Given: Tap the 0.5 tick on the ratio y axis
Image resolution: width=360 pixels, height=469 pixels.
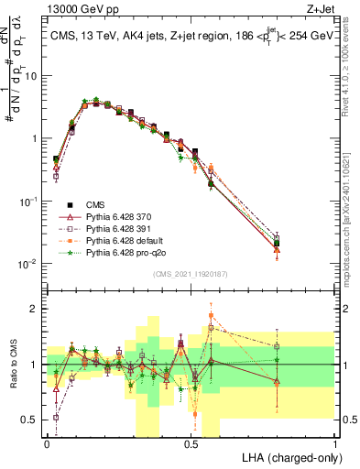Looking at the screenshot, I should pyautogui.click(x=29, y=420).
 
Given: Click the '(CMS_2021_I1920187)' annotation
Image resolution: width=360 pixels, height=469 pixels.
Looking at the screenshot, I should pyautogui.click(x=191, y=272).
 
